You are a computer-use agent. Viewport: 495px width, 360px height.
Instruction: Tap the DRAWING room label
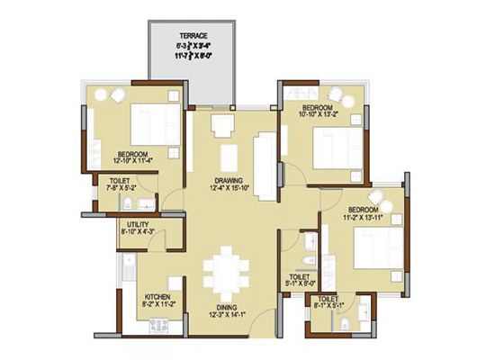229,178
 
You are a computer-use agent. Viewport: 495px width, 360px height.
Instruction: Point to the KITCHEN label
157,297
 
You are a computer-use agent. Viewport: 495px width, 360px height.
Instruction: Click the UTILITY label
138,224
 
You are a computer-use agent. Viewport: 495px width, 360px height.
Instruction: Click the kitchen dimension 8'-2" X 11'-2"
157,305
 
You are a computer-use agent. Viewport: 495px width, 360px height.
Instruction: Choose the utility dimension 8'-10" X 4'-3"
138,232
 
